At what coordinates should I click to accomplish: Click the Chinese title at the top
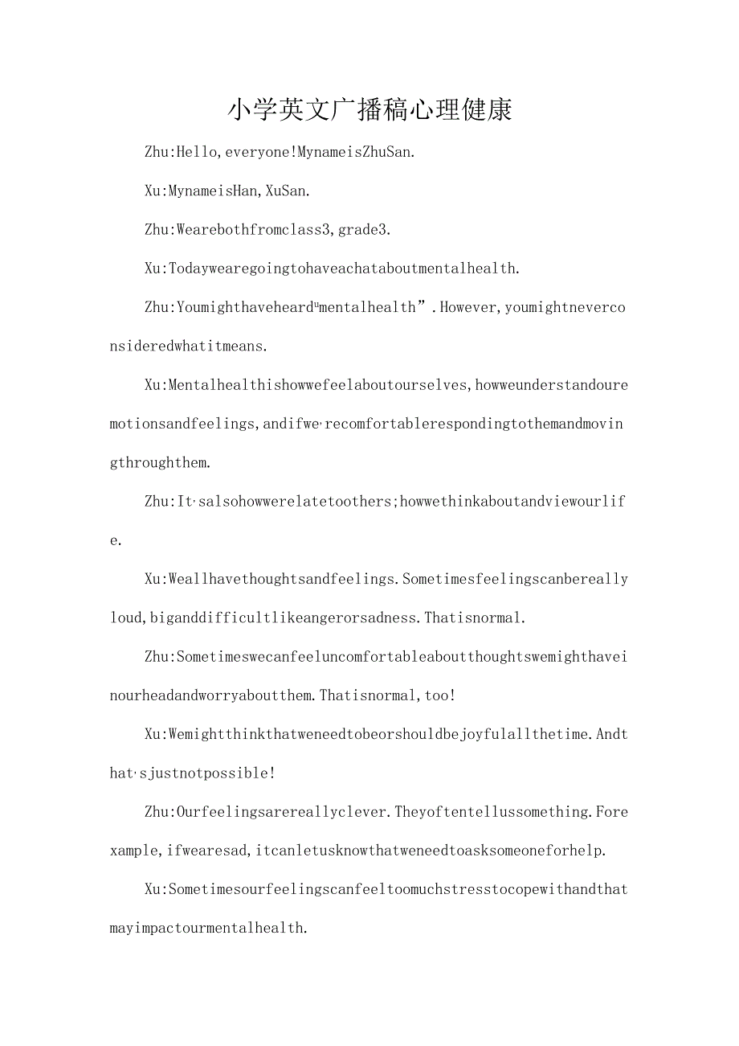[369, 110]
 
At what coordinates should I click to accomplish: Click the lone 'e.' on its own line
[116, 540]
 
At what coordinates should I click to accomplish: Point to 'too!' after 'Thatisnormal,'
[440, 695]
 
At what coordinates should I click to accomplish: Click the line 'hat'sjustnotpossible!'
[193, 773]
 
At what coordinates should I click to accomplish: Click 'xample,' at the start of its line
[134, 851]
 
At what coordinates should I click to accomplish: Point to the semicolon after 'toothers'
[394, 502]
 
